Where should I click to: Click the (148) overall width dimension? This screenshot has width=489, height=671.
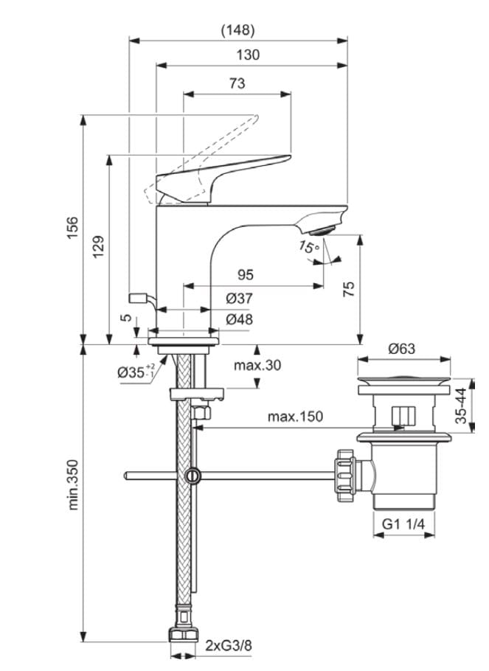pos(237,30)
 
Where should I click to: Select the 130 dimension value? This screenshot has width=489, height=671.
pos(249,55)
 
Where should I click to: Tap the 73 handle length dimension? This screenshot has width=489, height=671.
pos(237,84)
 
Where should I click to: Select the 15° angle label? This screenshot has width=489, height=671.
pos(310,247)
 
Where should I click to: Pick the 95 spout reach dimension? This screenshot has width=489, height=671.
pos(245,275)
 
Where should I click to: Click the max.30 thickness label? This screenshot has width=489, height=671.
pos(257,364)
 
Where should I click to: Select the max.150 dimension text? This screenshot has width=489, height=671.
pos(295,417)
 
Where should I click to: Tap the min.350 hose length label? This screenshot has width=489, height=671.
pos(73,484)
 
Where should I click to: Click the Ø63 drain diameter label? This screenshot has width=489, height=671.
pos(403,348)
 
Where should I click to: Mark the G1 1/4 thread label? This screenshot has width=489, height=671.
pos(403,524)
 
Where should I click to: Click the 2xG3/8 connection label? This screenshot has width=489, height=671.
pos(228,646)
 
